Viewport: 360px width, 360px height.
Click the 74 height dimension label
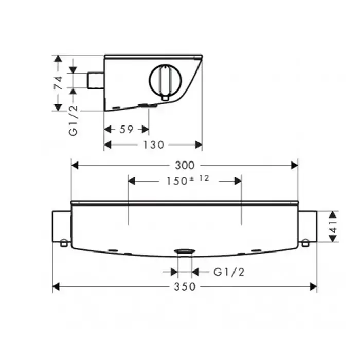58,83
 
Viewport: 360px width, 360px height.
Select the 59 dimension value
127,130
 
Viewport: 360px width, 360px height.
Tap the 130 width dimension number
154,145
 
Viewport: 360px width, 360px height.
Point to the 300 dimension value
185,165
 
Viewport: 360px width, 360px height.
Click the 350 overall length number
185,286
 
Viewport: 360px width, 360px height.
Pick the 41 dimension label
333,227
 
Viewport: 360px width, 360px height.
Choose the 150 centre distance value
177,181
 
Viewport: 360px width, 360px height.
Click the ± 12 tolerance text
200,178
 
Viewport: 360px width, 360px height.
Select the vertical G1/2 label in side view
74,121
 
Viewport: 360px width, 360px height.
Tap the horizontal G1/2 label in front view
229,272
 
